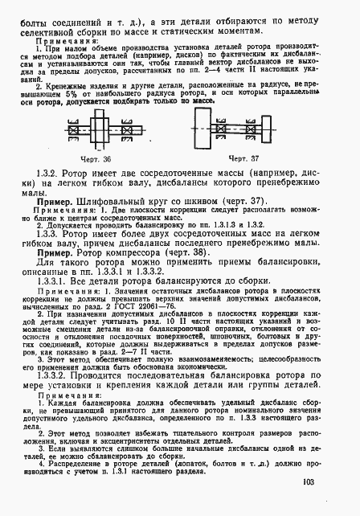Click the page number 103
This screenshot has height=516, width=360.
pos(330,482)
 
